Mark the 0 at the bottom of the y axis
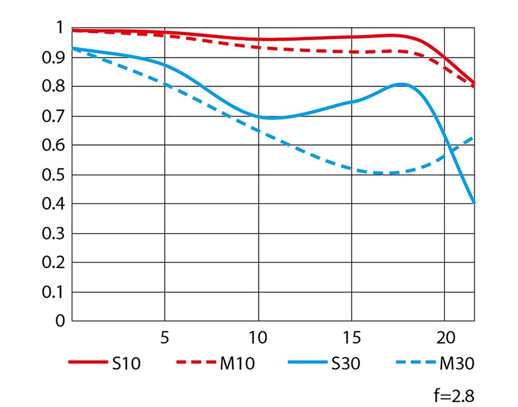(60, 322)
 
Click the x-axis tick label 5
(164, 338)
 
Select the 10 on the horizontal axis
(257, 338)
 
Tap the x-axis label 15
(351, 338)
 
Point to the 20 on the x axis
(444, 338)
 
